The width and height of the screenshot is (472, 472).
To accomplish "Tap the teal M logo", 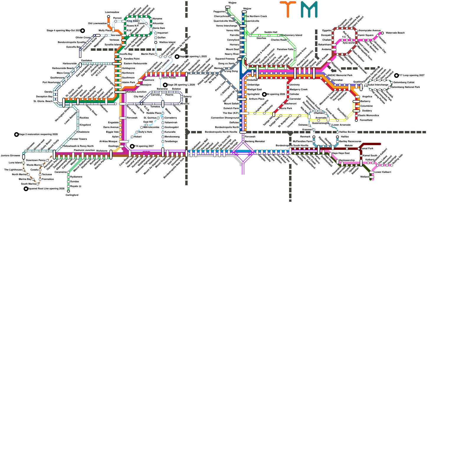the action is pos(309,9).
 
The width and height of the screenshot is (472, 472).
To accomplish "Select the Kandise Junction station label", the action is pos(136,92).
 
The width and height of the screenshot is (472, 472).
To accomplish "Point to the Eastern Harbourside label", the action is pos(135,64).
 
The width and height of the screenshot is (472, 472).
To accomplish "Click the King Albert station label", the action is pos(133,21).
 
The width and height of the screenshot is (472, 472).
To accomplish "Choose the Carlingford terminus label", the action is pos(72,195).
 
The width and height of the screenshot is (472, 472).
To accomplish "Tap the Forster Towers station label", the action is pos(78,139).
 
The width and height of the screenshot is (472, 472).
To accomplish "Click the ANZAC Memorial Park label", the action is pos(340,76).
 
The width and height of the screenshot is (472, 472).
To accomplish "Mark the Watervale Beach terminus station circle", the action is pos(382,33).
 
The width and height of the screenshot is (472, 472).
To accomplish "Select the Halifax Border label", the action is pos(348,132).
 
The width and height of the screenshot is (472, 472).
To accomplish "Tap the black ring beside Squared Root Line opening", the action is pos(26,189).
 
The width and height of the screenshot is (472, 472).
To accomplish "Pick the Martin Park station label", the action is pos(148,54).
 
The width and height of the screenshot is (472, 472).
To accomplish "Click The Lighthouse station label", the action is pos(13,170).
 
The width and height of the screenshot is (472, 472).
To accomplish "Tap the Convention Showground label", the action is pos(225,118).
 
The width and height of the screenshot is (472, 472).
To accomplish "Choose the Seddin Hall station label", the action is pos(271,32).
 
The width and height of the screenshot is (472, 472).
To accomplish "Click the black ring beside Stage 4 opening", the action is pos(83,31).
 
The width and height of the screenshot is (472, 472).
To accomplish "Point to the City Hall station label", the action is pos(138,96).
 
